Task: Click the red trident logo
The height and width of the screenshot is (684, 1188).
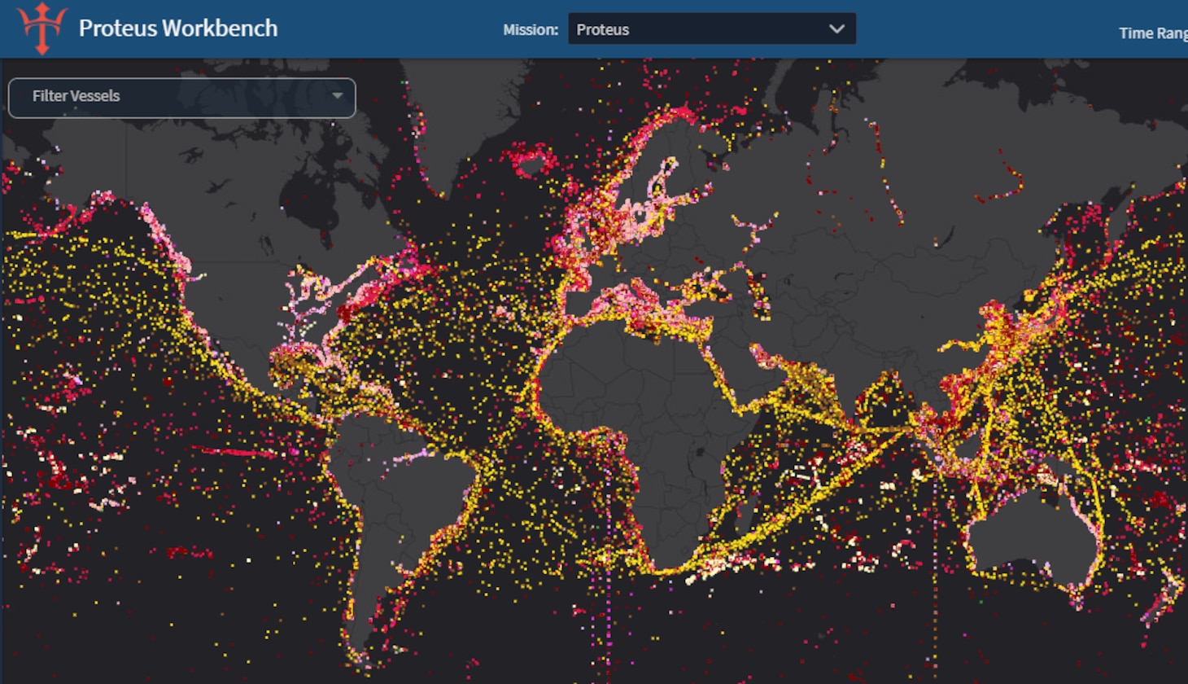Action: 41,28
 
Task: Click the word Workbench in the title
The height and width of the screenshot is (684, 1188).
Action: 220,28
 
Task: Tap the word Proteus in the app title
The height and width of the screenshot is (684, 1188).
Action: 117,28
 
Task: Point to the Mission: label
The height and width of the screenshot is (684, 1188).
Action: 531,30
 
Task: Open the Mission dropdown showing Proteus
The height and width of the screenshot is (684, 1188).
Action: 700,29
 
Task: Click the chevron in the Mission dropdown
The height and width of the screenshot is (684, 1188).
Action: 836,29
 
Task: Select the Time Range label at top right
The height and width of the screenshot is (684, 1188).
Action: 1152,33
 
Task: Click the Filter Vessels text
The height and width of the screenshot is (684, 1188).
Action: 76,96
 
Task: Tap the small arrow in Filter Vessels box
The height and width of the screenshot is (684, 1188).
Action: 337,96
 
